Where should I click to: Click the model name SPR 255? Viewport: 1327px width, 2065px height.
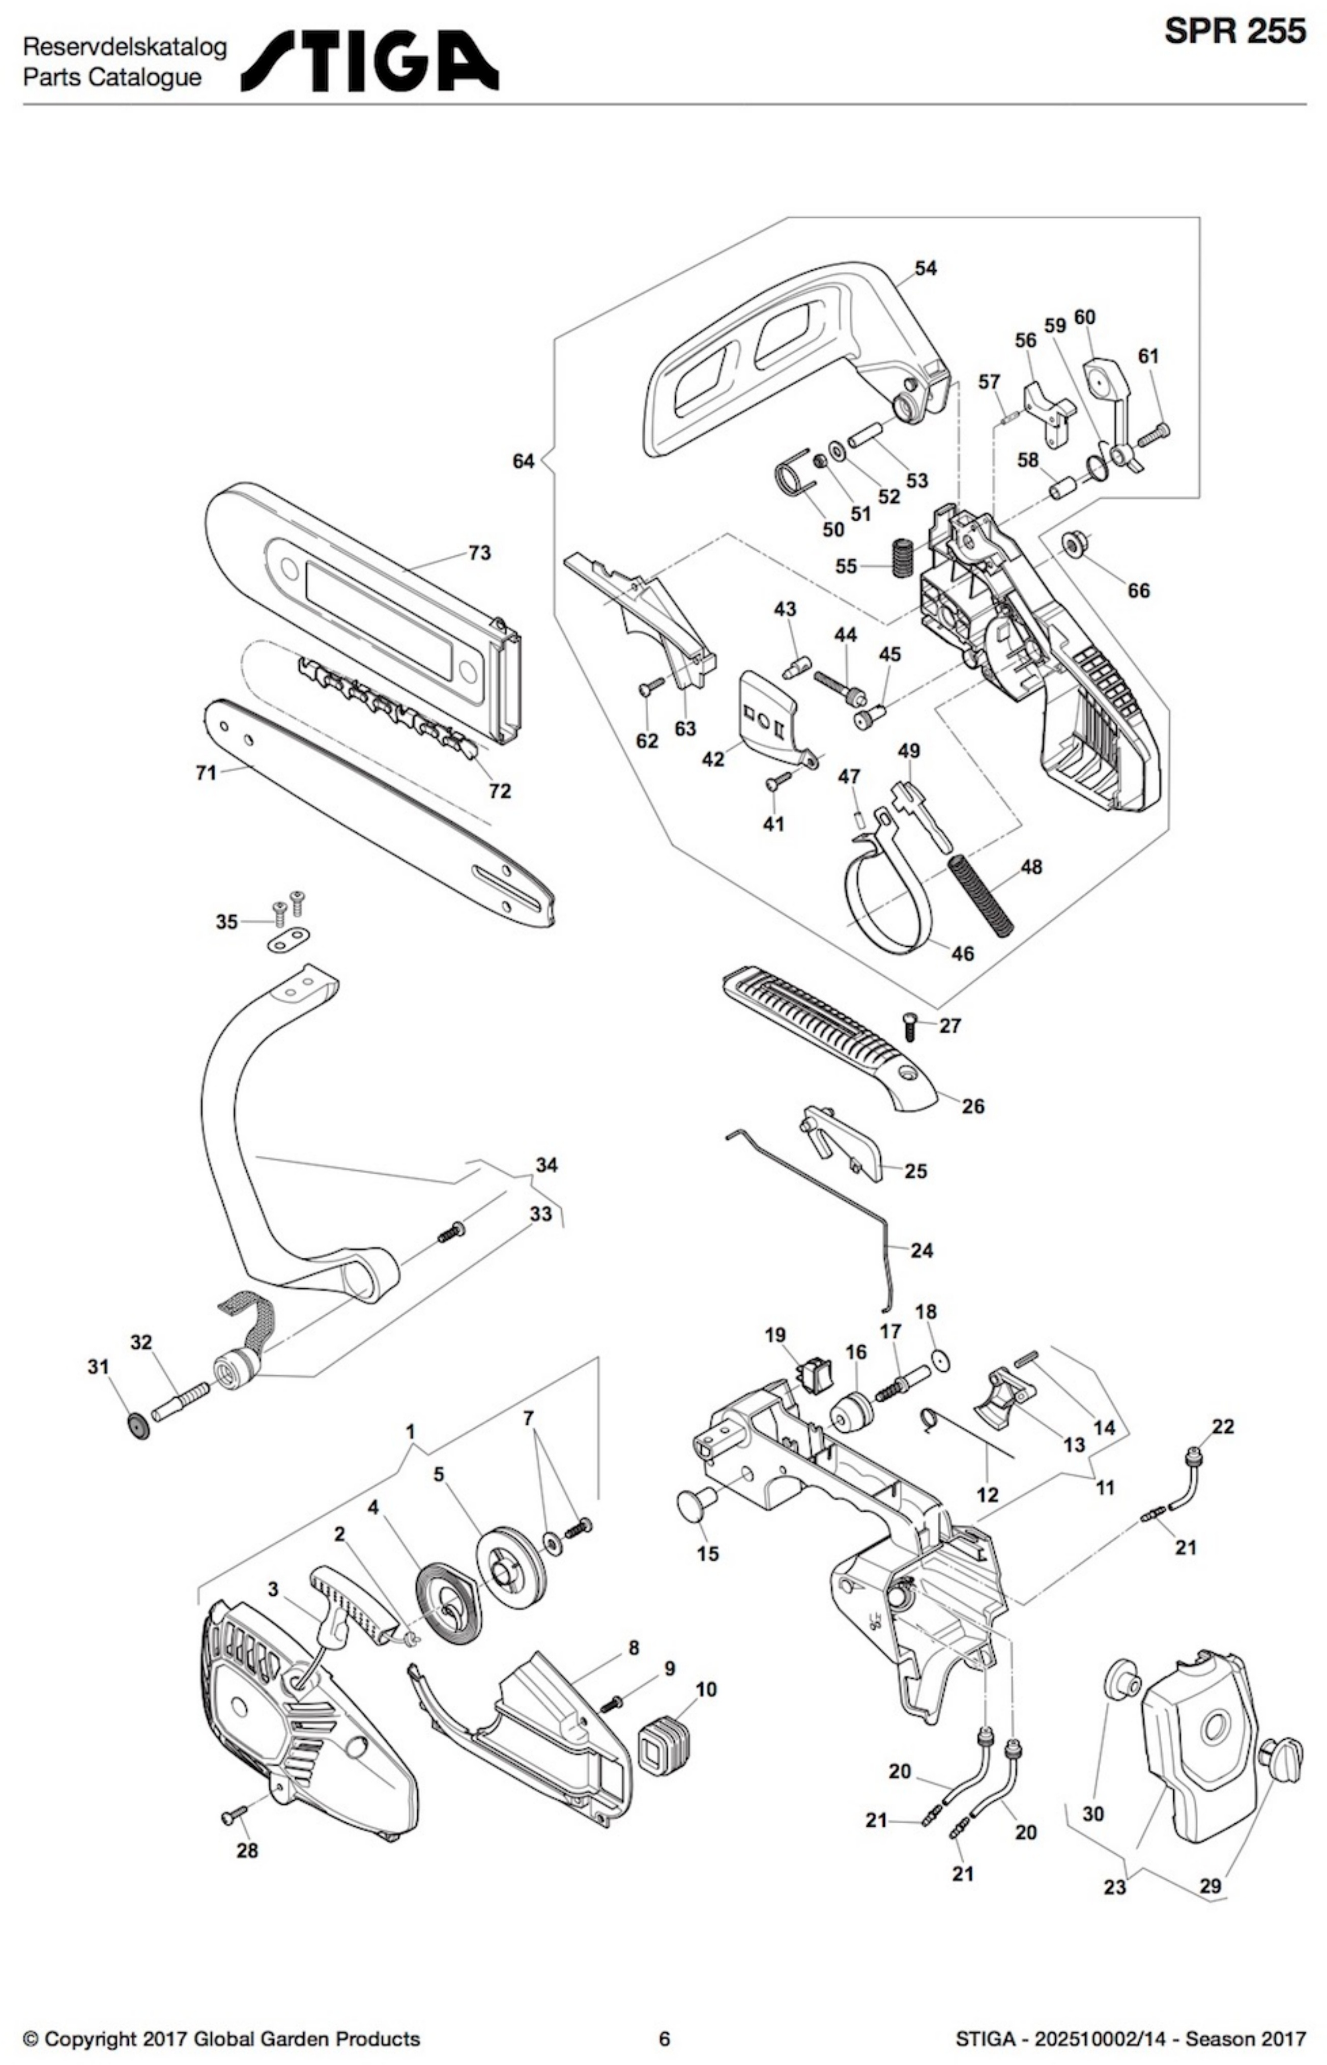[1235, 32]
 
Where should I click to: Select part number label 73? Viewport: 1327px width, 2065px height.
[479, 552]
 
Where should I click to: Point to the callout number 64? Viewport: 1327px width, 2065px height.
[523, 461]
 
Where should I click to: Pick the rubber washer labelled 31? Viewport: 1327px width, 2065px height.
[137, 1424]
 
